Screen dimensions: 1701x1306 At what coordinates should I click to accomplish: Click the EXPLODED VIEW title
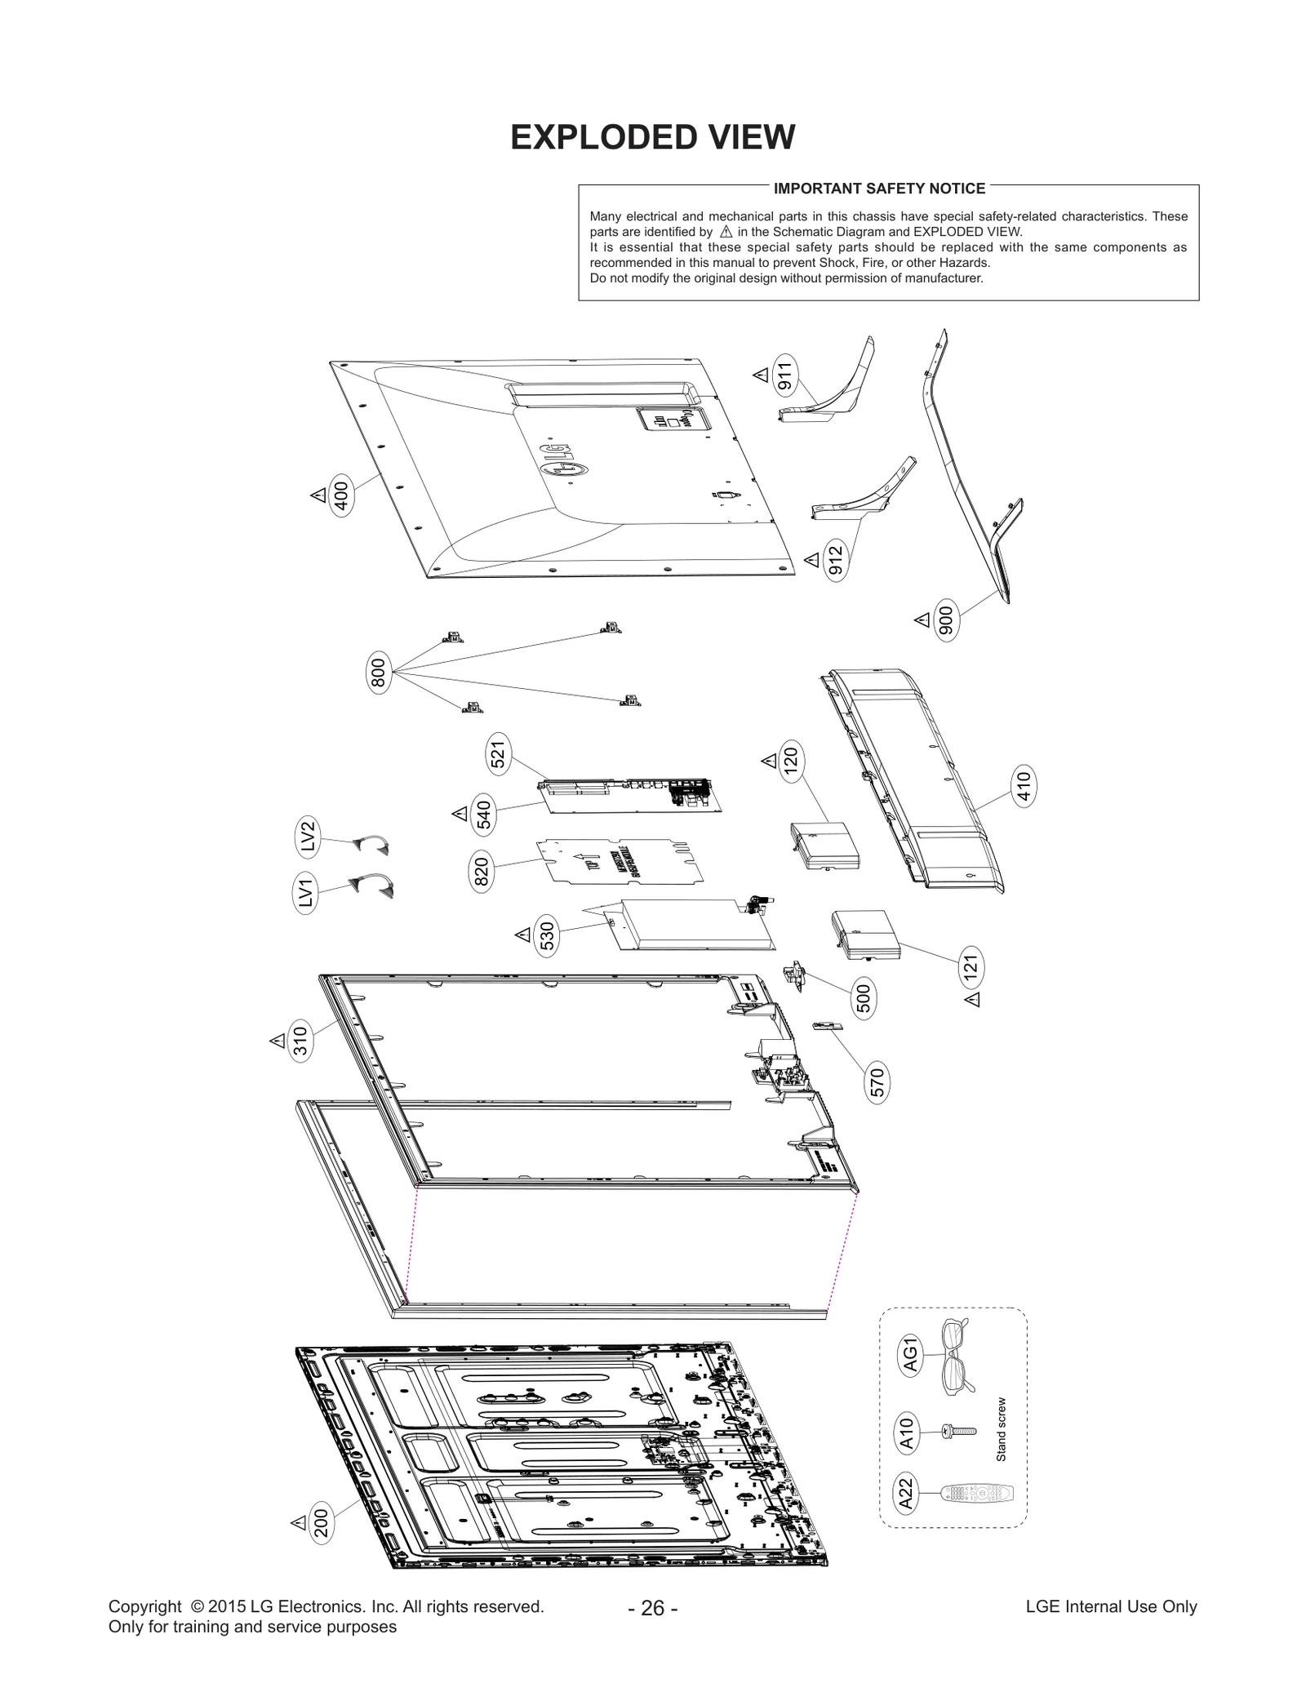[x=652, y=137]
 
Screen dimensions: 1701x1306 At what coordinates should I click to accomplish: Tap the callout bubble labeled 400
[x=340, y=496]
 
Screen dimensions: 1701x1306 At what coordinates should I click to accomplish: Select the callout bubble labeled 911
[x=784, y=376]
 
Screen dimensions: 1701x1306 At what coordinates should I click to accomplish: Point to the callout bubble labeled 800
[x=377, y=674]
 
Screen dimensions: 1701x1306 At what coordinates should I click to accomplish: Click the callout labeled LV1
[x=305, y=892]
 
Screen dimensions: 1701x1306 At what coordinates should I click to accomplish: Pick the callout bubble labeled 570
[x=877, y=1082]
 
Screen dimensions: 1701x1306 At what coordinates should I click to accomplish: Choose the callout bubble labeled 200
[x=321, y=1523]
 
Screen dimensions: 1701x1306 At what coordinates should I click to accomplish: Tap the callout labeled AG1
[x=910, y=1356]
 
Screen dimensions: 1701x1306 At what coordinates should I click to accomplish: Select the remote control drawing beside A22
[x=977, y=1494]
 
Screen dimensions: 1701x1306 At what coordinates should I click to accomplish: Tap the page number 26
[x=652, y=1608]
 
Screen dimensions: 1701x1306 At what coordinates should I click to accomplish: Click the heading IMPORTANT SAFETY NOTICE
[x=879, y=189]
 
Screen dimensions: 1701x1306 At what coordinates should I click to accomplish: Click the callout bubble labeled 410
[x=1023, y=786]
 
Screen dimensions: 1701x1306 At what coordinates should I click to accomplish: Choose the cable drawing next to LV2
[x=371, y=845]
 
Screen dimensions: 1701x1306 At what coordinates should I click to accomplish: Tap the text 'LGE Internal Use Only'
[x=1111, y=1606]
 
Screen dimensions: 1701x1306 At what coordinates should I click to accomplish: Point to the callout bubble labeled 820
[x=481, y=872]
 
